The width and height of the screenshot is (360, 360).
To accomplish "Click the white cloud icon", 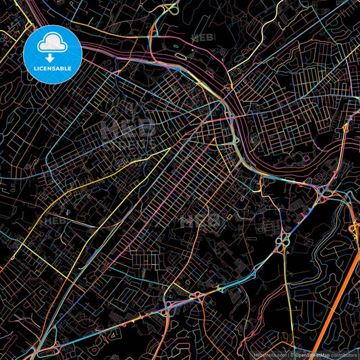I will point(52,43).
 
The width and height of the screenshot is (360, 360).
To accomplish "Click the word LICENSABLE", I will point(53,68).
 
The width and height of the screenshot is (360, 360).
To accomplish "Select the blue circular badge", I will point(53,53).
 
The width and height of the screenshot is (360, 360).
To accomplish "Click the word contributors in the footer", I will point(344,355).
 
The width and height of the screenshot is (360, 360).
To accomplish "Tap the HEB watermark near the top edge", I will point(203,37).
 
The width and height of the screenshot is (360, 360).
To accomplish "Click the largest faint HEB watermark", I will point(125,128).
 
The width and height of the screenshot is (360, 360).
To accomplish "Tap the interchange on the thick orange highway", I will point(354,230).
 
